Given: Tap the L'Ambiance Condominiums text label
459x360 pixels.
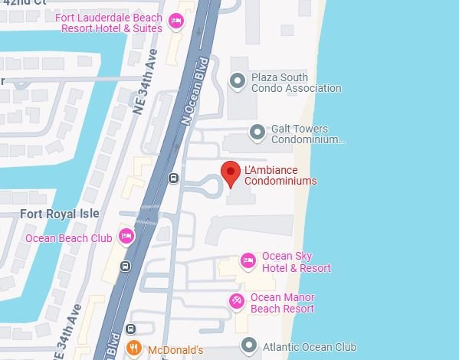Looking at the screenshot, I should click(x=280, y=175).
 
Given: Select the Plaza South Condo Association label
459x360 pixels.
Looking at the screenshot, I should click(x=296, y=83).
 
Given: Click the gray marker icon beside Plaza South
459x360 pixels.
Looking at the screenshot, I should click(x=238, y=80).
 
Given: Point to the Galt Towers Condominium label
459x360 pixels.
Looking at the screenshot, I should click(x=303, y=135).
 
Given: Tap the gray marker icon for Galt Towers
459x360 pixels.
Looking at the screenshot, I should click(x=255, y=133).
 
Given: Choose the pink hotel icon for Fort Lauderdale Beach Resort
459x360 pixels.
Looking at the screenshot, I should click(x=176, y=21).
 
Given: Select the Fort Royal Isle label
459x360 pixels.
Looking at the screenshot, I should click(x=59, y=214).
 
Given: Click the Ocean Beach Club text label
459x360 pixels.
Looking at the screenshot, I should click(x=69, y=238).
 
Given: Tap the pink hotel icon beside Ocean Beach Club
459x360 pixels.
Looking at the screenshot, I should click(x=127, y=237).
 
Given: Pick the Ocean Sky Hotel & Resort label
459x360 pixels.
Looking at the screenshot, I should click(x=296, y=262).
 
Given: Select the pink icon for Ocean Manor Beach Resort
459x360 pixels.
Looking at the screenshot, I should click(x=238, y=301).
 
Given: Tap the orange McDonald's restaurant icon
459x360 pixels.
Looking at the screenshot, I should click(x=133, y=349).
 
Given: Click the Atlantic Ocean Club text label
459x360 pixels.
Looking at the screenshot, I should click(x=309, y=347).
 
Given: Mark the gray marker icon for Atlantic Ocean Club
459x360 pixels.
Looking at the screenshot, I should click(x=247, y=346).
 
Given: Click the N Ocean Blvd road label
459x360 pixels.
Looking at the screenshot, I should click(x=194, y=90).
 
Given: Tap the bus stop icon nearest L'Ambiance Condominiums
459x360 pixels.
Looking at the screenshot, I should click(x=174, y=179).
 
